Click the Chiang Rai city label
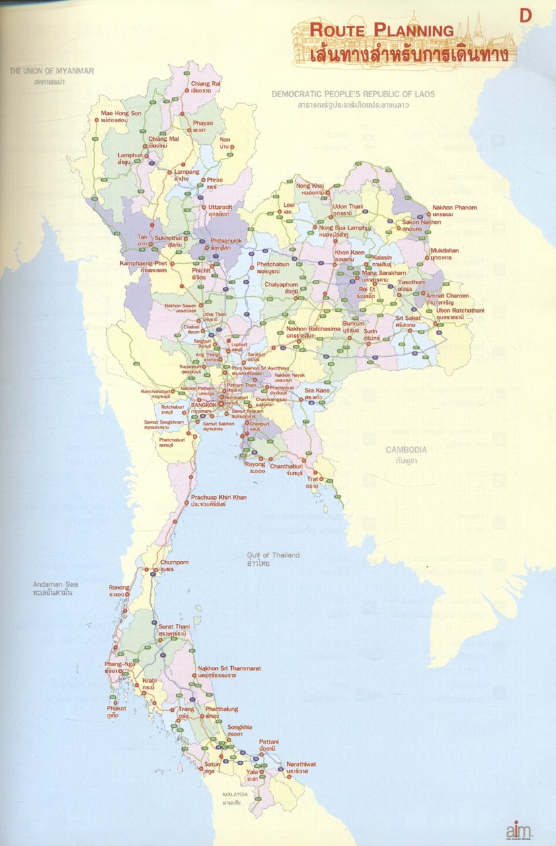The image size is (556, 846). tap(205, 84)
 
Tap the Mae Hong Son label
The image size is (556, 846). tap(121, 114)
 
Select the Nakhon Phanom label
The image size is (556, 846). tap(454, 208)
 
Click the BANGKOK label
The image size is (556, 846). tap(203, 404)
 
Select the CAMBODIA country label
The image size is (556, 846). tap(406, 449)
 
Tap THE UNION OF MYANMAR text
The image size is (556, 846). tap(52, 71)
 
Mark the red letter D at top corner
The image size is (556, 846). tap(526, 15)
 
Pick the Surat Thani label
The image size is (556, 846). tap(174, 626)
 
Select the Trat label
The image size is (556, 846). tap(312, 479)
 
